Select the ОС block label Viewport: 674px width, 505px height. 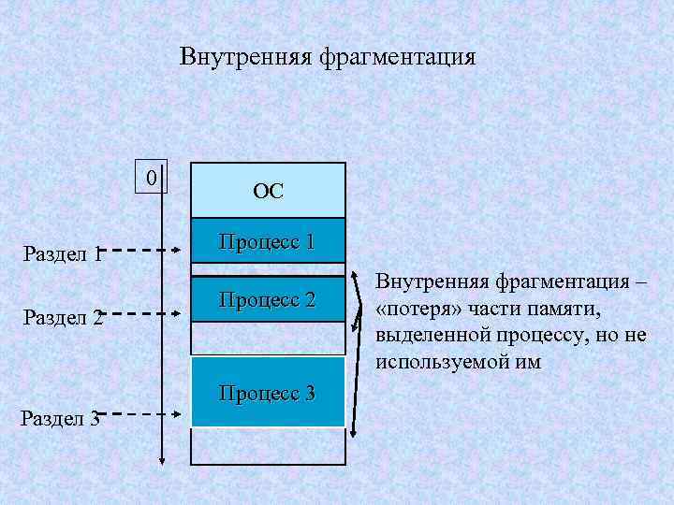(x=268, y=192)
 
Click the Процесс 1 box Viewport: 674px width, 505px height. (x=268, y=243)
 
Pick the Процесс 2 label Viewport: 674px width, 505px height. (x=268, y=300)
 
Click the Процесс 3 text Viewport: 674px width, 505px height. (x=268, y=392)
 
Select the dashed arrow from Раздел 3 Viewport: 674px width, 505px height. (x=140, y=412)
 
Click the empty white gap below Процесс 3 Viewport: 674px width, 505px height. (x=268, y=445)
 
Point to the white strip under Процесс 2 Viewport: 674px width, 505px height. (x=268, y=337)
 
